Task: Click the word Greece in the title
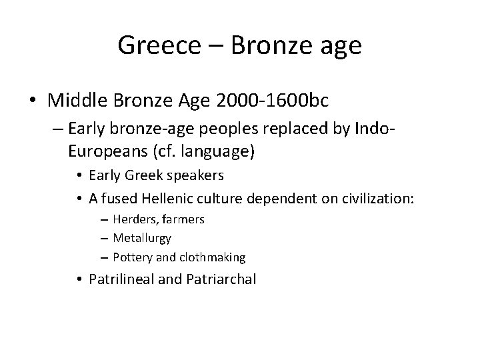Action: [x=158, y=46]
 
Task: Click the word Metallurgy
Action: [x=142, y=237]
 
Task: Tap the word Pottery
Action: [x=132, y=257]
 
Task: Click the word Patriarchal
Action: [x=219, y=279]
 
